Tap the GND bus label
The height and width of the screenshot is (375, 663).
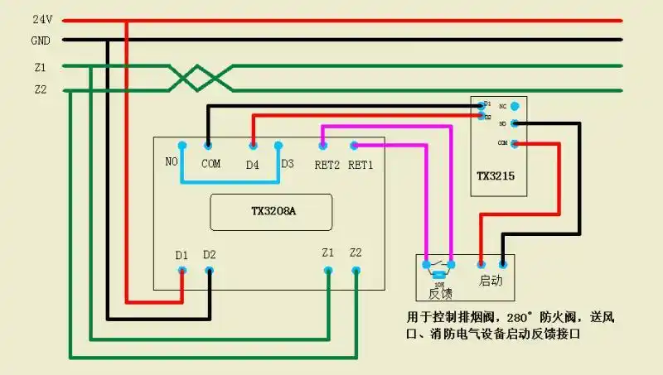41,40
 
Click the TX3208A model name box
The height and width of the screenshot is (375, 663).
271,212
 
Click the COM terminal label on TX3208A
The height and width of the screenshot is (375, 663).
211,163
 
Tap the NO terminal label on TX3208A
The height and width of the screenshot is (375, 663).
172,161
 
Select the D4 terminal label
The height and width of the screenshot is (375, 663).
253,164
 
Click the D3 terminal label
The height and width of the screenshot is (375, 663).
287,163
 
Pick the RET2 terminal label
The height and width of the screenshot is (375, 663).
327,164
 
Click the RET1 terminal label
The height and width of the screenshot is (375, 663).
361,164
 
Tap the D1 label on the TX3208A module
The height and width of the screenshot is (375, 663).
181,255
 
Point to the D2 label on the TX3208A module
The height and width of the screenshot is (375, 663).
210,255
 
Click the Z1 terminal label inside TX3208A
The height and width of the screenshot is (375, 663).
328,252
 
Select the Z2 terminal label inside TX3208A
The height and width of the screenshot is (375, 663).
356,252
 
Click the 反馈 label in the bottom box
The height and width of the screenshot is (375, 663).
440,292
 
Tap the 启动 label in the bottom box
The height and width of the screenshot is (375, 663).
491,281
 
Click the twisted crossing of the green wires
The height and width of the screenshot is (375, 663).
201,79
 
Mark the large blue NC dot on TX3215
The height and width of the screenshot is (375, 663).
515,106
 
